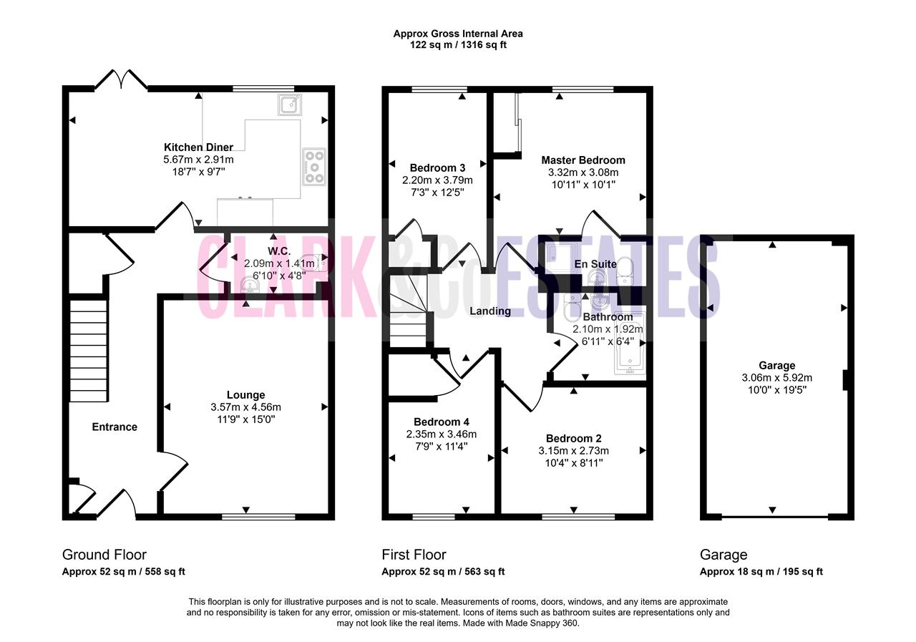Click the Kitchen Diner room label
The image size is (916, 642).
(198, 147)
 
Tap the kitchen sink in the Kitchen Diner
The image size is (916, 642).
(290, 104)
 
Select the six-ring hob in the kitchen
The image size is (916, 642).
(314, 167)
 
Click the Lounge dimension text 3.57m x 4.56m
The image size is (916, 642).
(245, 407)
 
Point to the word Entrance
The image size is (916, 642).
(114, 427)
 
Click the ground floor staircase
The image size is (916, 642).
(89, 351)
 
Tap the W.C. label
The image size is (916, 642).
(279, 251)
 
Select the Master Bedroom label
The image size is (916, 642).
(583, 160)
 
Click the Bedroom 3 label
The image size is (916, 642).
(437, 167)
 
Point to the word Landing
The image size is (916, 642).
(490, 311)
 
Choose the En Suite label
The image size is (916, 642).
(595, 264)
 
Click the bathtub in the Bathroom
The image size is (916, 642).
(630, 344)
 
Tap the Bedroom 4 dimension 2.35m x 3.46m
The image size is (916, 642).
(442, 434)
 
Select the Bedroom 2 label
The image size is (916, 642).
(573, 438)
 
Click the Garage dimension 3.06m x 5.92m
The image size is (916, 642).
(777, 378)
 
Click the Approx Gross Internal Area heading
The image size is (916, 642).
(458, 34)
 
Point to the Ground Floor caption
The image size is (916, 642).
(104, 555)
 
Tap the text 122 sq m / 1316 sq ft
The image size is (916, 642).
(458, 45)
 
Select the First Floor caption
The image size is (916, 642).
(414, 555)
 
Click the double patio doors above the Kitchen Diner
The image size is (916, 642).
(121, 79)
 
